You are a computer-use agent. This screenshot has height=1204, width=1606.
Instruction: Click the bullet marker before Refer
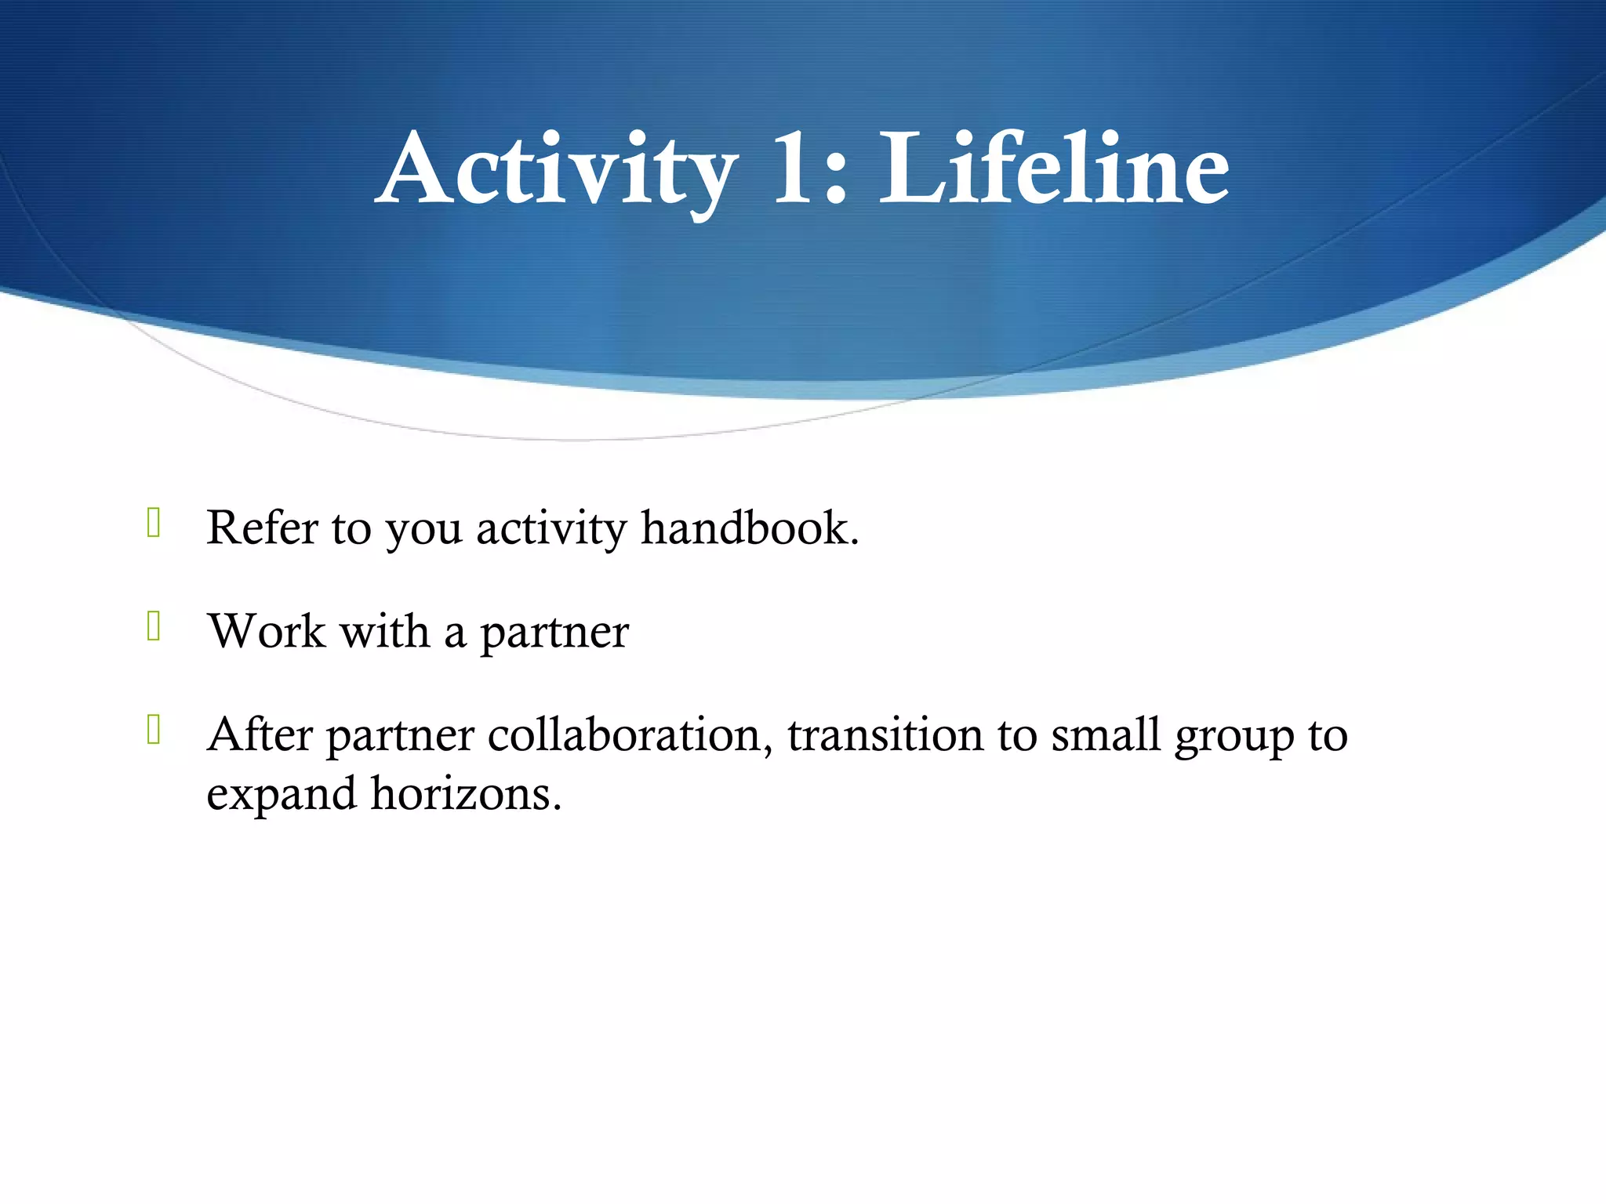154,523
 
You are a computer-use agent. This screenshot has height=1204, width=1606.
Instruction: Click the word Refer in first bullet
261,528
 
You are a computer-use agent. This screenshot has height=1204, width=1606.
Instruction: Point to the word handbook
750,528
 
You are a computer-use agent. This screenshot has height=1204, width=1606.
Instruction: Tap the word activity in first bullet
551,529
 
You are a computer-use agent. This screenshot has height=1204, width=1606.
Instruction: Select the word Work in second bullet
267,631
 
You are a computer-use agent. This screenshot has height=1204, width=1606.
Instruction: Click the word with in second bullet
385,631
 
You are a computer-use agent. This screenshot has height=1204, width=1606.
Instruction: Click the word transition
885,735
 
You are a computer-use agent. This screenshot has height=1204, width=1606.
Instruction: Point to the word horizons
466,793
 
